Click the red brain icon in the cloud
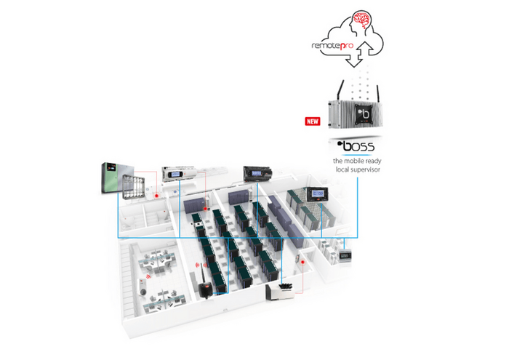click(362, 20)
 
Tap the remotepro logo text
click(332, 46)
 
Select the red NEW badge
click(313, 121)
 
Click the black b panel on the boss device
click(364, 113)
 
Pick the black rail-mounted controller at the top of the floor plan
click(257, 173)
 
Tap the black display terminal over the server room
click(318, 194)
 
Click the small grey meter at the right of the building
click(345, 255)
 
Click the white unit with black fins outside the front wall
click(281, 292)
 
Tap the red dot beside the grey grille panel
click(156, 196)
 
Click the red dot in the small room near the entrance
click(302, 262)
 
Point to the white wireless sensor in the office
click(143, 287)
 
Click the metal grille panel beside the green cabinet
click(133, 186)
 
